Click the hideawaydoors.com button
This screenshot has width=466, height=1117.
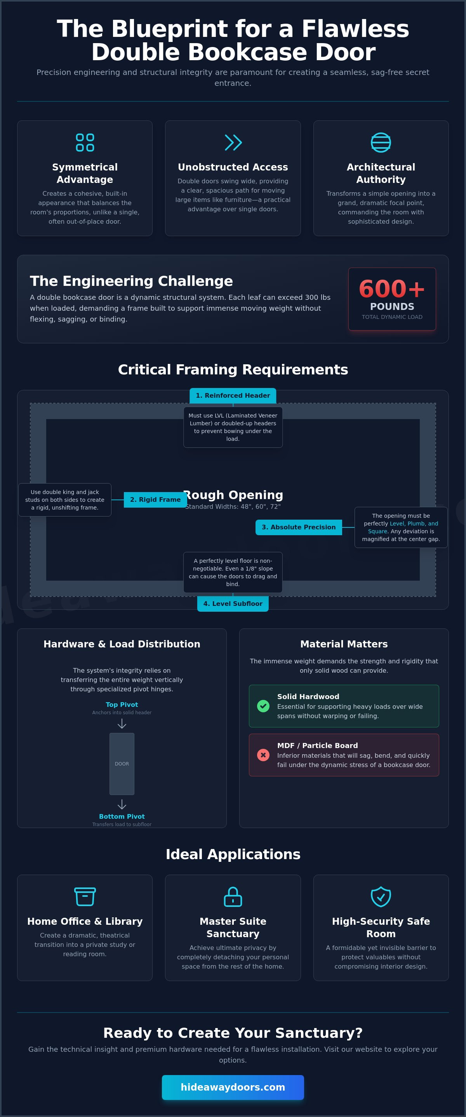tap(233, 1087)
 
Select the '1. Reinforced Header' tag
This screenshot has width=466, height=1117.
tap(233, 395)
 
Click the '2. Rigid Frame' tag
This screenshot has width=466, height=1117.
tap(155, 499)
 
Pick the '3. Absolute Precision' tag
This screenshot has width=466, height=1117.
tap(299, 527)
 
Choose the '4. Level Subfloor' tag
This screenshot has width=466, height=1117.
tap(233, 604)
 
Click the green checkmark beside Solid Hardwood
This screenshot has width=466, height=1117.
tap(263, 706)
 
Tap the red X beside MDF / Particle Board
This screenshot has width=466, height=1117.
tap(263, 755)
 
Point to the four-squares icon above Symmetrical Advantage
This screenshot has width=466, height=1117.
tap(85, 142)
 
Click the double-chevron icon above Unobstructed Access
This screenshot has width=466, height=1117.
tap(233, 142)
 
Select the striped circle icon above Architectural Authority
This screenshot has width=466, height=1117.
tap(381, 142)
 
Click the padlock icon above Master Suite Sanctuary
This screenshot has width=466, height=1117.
tap(233, 896)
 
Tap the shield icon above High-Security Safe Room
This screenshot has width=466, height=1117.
tap(381, 896)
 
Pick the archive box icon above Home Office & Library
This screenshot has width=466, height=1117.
tap(85, 896)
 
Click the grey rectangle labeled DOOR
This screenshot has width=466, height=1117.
tap(122, 764)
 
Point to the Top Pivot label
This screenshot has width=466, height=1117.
tap(122, 705)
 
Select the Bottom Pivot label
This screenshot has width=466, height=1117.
tap(122, 816)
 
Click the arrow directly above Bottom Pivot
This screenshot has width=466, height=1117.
tap(122, 804)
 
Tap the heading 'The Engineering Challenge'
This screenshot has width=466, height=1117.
tap(131, 281)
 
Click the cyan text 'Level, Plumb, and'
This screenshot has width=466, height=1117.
tap(414, 524)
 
